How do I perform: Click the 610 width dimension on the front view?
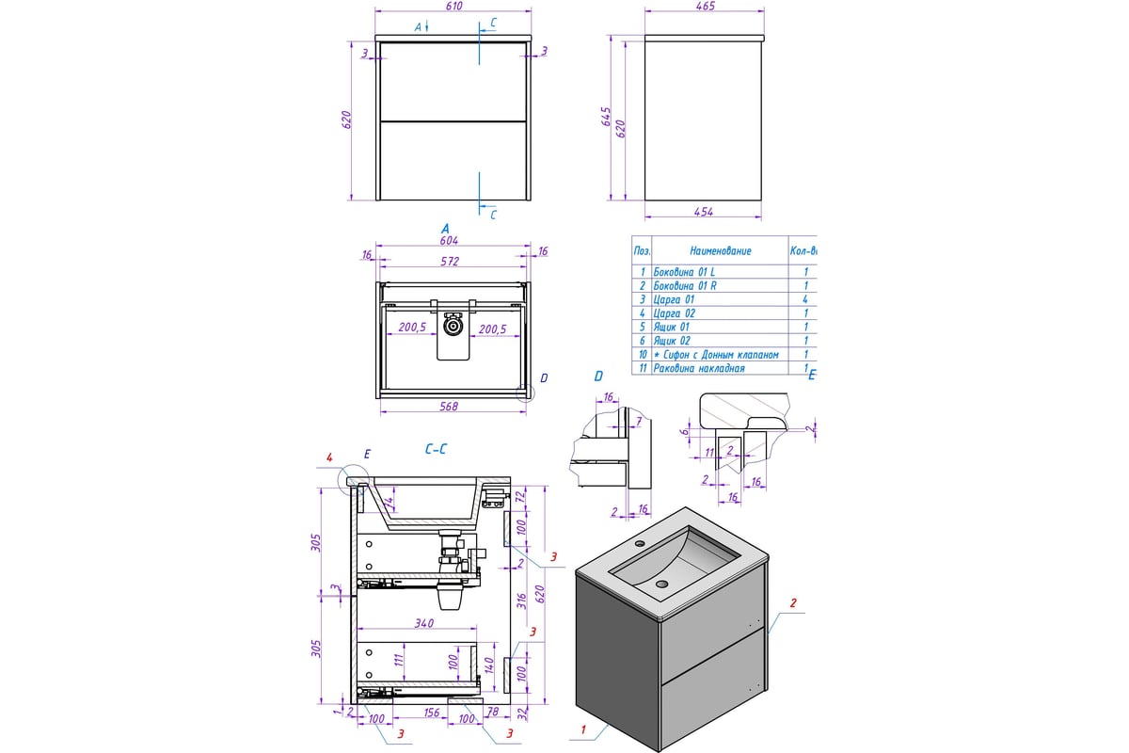(455, 8)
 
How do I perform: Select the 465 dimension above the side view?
(706, 8)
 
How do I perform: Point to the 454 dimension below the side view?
(706, 213)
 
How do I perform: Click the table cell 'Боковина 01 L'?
(685, 271)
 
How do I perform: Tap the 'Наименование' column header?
(720, 251)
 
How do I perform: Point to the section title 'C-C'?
(435, 451)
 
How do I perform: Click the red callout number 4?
(329, 458)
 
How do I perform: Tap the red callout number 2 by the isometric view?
(792, 603)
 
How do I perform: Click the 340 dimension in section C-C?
(423, 623)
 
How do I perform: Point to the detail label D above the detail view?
(597, 377)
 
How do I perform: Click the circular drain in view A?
(454, 327)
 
